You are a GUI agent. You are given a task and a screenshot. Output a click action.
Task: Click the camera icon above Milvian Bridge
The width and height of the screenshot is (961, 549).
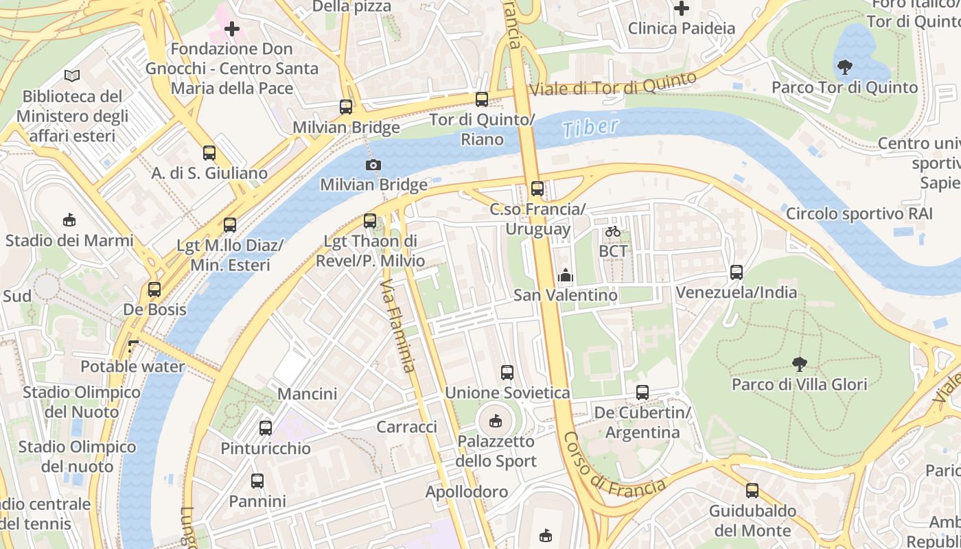click(x=373, y=165)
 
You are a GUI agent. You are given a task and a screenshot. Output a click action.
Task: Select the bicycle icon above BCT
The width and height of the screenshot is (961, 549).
click(x=613, y=231)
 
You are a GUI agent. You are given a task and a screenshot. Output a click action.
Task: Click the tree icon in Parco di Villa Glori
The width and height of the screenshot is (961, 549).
click(x=799, y=364)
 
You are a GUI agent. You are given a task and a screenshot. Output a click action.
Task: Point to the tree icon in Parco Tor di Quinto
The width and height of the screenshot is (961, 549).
click(x=844, y=67)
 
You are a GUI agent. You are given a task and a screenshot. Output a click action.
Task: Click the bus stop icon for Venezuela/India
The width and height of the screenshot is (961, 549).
click(x=737, y=272)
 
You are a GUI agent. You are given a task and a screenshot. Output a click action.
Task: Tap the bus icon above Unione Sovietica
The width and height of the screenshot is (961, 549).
click(x=507, y=373)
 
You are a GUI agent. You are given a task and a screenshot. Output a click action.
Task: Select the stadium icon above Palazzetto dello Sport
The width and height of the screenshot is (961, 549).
click(x=495, y=421)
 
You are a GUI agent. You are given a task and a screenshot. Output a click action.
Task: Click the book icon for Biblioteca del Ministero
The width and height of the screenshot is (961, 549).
click(x=72, y=75)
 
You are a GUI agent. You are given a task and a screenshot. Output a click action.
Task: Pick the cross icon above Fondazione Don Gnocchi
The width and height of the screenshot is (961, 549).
click(x=232, y=29)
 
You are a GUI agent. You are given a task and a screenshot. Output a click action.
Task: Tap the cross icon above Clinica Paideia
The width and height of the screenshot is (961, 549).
click(x=682, y=9)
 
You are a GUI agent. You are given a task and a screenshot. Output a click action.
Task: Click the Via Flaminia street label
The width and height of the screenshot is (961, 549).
click(x=398, y=325)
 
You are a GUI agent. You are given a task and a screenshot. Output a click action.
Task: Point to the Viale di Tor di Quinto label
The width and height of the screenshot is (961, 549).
click(x=614, y=84)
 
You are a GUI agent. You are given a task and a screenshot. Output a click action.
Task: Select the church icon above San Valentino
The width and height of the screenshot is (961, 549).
click(x=566, y=275)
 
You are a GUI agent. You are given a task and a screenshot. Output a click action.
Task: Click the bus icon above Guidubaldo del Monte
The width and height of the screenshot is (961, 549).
click(x=752, y=491)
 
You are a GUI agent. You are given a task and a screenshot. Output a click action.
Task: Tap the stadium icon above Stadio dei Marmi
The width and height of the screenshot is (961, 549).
click(x=69, y=220)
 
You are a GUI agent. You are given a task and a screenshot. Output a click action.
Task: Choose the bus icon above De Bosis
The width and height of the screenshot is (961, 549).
click(x=154, y=290)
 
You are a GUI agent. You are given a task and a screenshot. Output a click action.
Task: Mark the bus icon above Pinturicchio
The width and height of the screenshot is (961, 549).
click(x=266, y=428)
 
